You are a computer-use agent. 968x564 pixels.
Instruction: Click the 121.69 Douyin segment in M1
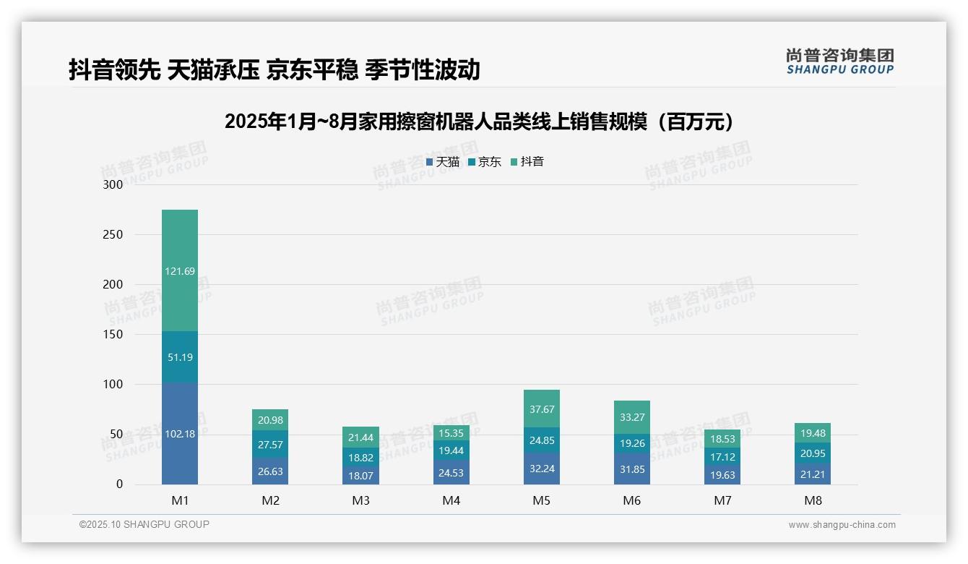click(180, 271)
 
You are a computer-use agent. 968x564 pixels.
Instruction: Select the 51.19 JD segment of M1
click(180, 357)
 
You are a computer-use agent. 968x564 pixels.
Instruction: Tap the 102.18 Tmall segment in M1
click(180, 434)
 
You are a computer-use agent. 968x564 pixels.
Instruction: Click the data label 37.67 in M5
click(541, 409)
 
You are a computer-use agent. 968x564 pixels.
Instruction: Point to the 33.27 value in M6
click(631, 417)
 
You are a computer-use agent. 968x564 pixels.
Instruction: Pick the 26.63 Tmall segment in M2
click(270, 471)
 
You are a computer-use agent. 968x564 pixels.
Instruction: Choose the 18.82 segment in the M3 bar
click(360, 458)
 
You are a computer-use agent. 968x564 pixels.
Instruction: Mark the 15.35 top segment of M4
click(451, 433)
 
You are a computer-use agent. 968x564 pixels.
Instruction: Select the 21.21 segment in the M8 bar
click(812, 474)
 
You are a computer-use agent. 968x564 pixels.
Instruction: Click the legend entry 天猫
click(443, 162)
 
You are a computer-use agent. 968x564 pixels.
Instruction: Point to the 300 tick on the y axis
click(113, 184)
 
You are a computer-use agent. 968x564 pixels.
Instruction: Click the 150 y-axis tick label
click(113, 334)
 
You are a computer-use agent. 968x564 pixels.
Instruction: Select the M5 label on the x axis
click(541, 500)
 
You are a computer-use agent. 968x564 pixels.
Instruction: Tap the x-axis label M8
click(812, 500)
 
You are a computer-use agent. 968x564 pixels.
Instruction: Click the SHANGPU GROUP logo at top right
click(839, 61)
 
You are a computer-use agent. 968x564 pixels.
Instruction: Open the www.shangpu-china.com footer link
click(842, 525)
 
